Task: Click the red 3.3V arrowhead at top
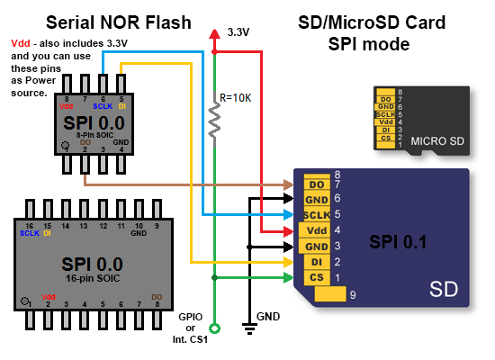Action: pyautogui.click(x=215, y=33)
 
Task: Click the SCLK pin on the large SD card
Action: pyautogui.click(x=317, y=215)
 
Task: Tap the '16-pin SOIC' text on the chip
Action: pyautogui.click(x=87, y=280)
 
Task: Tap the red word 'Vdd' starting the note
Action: pyautogui.click(x=20, y=44)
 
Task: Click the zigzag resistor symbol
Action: pyautogui.click(x=215, y=120)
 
